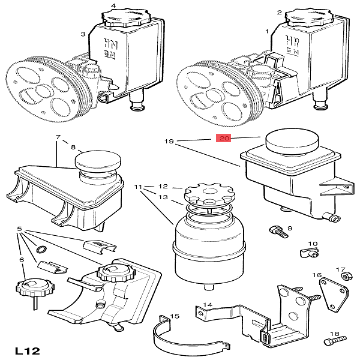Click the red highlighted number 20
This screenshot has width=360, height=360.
pos(224,139)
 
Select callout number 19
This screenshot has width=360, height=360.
pos(169,142)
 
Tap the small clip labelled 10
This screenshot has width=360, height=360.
pos(307,253)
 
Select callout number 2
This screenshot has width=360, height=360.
pos(280,12)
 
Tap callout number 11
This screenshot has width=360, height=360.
pos(137,187)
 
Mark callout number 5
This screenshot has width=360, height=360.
pos(20,229)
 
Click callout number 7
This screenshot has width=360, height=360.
pos(58,137)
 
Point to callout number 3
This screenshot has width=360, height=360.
pos(83,35)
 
